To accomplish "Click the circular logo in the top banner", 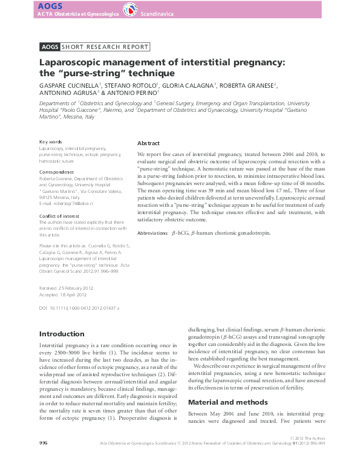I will tap(129, 10).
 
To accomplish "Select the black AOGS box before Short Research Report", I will tap(49, 47).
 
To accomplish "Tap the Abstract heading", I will tap(148, 143).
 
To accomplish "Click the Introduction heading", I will tap(62, 334).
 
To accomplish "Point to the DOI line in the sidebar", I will tap(79, 308).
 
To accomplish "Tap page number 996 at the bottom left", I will tap(43, 460).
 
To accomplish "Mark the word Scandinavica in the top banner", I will tap(157, 12).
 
